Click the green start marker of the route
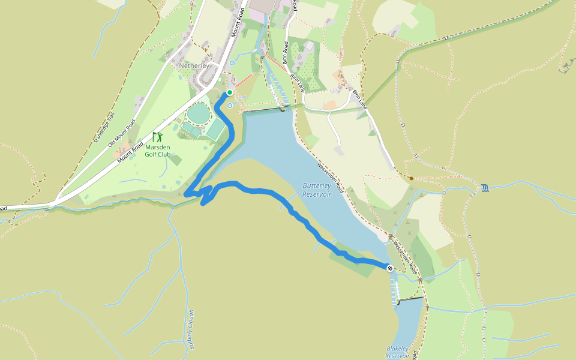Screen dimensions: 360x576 [229, 92]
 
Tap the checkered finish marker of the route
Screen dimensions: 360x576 [389, 268]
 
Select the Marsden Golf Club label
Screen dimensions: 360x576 [158, 151]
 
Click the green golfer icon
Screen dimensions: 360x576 [157, 137]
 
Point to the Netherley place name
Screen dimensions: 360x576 [194, 65]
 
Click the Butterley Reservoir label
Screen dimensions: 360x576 [317, 190]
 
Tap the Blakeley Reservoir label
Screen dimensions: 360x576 [398, 352]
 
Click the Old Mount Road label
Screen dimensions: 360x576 [122, 134]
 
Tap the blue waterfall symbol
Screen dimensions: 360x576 [485, 189]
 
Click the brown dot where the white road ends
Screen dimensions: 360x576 [411, 178]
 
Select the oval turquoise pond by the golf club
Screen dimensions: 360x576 [199, 112]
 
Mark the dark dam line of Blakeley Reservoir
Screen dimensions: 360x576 [410, 299]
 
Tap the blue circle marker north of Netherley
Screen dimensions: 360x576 [232, 62]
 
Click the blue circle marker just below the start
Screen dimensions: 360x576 [229, 105]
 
